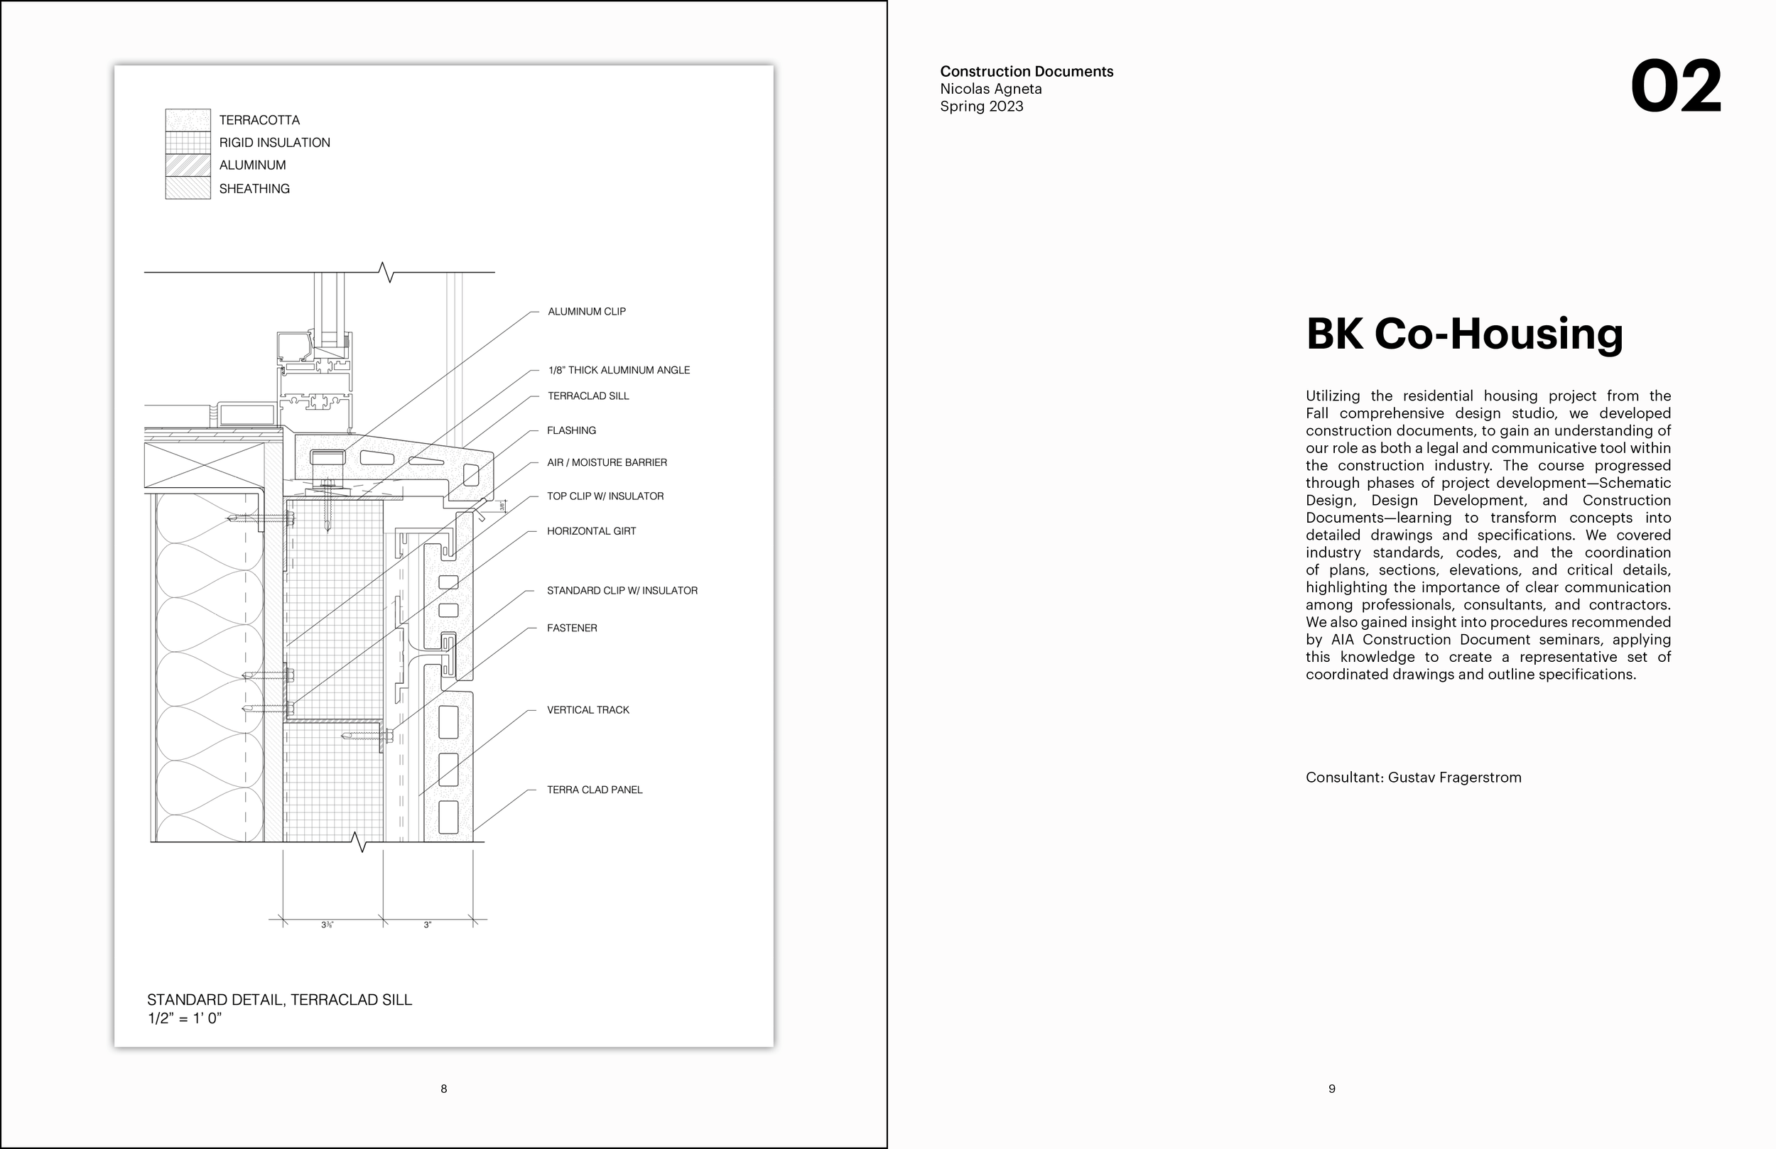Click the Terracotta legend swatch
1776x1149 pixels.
coord(188,120)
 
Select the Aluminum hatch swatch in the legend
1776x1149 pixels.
coord(188,165)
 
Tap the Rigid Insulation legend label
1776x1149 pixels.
coord(274,143)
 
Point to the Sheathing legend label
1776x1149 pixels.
coord(254,189)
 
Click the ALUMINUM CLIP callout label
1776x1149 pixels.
coord(587,311)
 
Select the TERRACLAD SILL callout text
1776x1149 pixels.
coord(588,396)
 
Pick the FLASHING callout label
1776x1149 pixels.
coord(571,430)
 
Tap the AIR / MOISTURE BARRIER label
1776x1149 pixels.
coord(607,462)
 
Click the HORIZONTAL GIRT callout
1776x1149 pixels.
coord(591,531)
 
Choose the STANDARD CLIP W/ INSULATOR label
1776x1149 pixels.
coord(622,590)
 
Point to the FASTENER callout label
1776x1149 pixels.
coord(572,628)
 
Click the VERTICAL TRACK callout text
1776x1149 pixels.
coord(588,710)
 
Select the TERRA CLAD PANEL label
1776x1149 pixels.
coord(594,790)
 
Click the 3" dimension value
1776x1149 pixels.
coord(428,925)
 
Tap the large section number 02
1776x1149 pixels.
coord(1675,88)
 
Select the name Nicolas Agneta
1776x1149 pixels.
coord(990,89)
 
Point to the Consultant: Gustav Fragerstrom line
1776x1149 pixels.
coord(1412,778)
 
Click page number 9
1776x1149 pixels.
coord(1332,1089)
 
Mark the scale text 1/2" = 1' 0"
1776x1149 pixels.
coord(184,1018)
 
